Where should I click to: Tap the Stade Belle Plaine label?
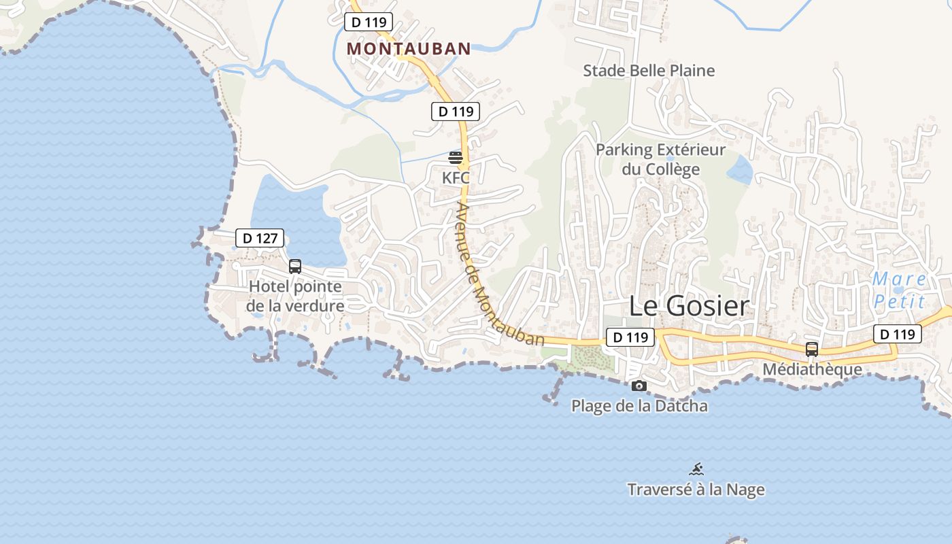(649, 71)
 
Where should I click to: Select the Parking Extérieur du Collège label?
(661, 159)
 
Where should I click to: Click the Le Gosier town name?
(689, 306)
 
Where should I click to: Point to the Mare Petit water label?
(899, 290)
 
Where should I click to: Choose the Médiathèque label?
(812, 369)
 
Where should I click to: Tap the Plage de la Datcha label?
(639, 406)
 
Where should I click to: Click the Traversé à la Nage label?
(696, 490)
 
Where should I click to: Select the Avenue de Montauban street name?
(500, 275)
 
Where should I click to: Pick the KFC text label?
(456, 178)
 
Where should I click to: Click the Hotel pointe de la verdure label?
(295, 296)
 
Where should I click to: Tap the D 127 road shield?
(260, 238)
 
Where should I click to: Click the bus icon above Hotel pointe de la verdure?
(295, 267)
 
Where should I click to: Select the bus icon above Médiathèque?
(812, 350)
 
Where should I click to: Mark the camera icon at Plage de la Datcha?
(639, 386)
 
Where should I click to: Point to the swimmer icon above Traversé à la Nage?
(696, 469)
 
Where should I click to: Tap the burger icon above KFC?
(456, 158)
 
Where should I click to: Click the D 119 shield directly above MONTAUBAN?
(369, 22)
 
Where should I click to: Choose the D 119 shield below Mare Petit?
(898, 334)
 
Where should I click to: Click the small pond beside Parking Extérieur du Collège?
(740, 170)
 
